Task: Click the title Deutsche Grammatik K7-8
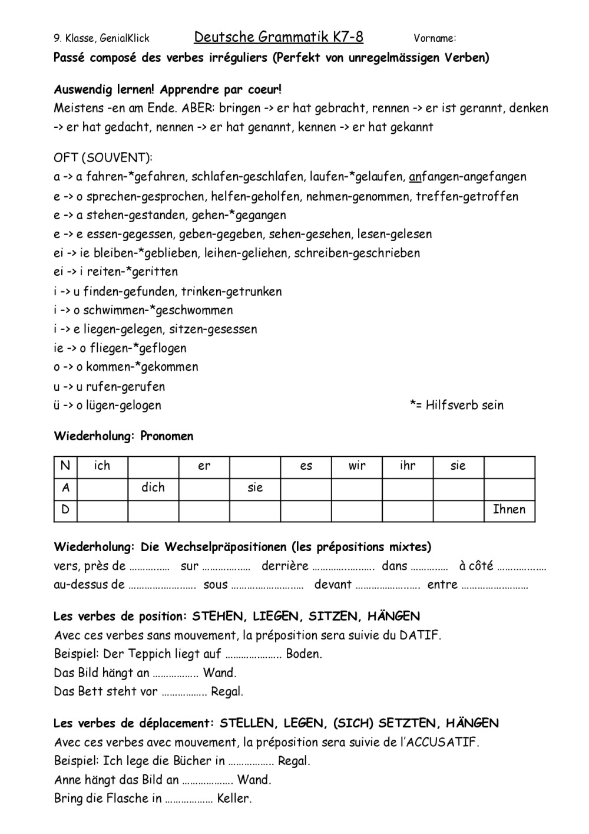(279, 38)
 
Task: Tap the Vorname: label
(435, 39)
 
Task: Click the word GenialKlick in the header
(125, 39)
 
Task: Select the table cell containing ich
(102, 466)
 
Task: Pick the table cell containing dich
(153, 488)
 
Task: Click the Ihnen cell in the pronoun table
(509, 510)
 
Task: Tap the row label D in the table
(65, 510)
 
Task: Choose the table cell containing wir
(357, 466)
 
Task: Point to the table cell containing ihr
(408, 466)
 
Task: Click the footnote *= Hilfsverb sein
(456, 405)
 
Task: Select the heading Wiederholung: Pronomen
(124, 436)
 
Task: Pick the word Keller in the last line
(234, 799)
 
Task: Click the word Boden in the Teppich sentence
(303, 654)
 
